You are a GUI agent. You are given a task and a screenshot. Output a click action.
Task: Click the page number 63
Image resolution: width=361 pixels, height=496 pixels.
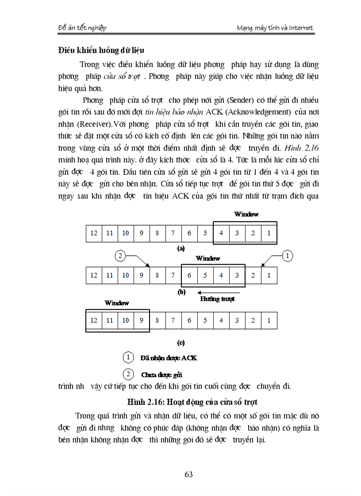(189, 474)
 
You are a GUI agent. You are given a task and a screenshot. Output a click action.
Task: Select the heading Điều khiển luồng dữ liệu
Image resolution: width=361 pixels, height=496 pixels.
(101, 50)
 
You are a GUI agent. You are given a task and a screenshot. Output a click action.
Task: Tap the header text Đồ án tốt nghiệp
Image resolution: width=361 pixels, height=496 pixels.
(83, 28)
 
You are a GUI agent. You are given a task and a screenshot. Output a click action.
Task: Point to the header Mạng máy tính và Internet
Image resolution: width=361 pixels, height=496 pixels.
(275, 28)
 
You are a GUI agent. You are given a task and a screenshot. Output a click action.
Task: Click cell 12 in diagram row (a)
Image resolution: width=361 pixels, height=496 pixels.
(94, 233)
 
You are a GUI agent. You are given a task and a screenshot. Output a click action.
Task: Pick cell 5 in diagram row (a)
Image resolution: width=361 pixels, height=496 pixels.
(205, 233)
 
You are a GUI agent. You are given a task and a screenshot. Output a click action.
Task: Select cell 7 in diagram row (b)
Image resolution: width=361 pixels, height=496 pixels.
(173, 275)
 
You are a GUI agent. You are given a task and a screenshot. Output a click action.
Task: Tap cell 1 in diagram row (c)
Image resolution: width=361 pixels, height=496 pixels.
(269, 320)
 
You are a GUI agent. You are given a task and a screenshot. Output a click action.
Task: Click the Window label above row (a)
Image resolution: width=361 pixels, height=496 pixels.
(246, 214)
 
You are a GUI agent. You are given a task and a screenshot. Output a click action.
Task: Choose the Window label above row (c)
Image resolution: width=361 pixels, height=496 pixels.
(117, 303)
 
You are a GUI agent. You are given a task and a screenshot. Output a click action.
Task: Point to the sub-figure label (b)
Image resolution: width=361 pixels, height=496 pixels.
(181, 292)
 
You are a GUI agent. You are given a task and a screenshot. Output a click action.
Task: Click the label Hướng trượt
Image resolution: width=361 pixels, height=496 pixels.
(217, 299)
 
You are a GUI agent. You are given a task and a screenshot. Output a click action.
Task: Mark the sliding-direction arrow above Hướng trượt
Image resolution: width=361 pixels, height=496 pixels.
(219, 292)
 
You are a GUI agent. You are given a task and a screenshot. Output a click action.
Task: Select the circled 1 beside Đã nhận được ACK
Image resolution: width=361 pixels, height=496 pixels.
(128, 357)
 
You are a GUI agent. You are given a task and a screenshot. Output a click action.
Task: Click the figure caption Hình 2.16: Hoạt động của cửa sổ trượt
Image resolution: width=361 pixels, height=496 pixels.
(192, 402)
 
